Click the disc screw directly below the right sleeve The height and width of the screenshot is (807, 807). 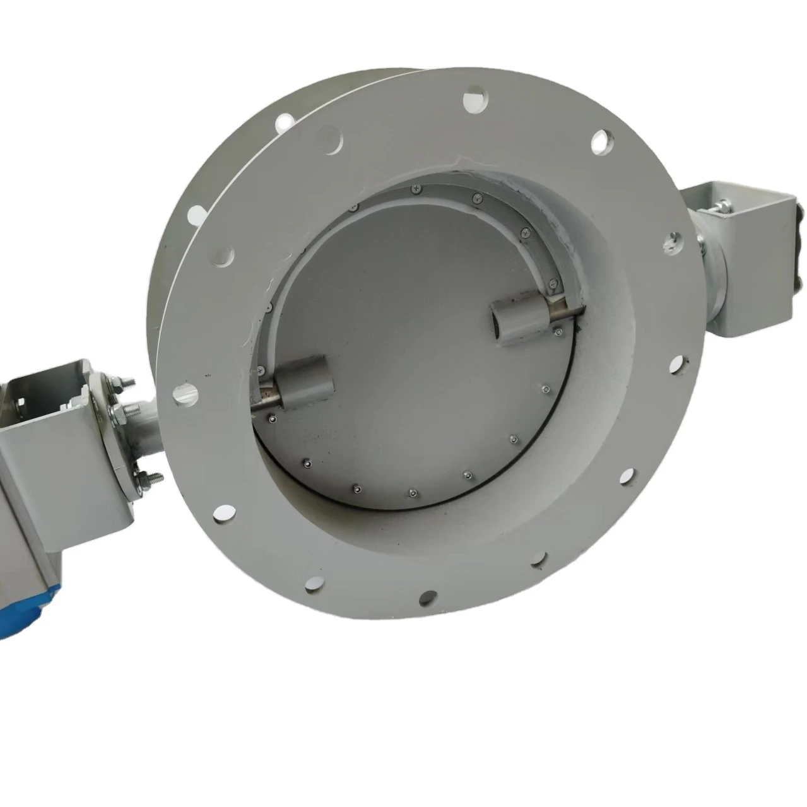[546, 389]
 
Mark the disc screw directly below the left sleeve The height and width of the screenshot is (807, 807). [271, 420]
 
